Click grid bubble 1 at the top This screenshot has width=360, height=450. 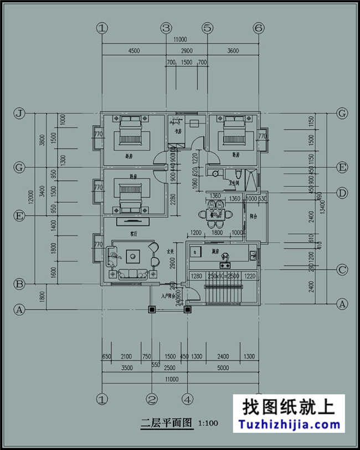pos(101,27)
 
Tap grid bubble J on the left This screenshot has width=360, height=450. pos(19,114)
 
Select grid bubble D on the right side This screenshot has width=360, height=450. pos(342,193)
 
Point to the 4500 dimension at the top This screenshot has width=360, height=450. pos(133,50)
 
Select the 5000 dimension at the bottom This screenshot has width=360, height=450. pos(223,367)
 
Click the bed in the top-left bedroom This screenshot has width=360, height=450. pos(131,132)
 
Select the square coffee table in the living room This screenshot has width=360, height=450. pos(133,256)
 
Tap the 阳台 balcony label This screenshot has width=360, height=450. pos(254,217)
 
